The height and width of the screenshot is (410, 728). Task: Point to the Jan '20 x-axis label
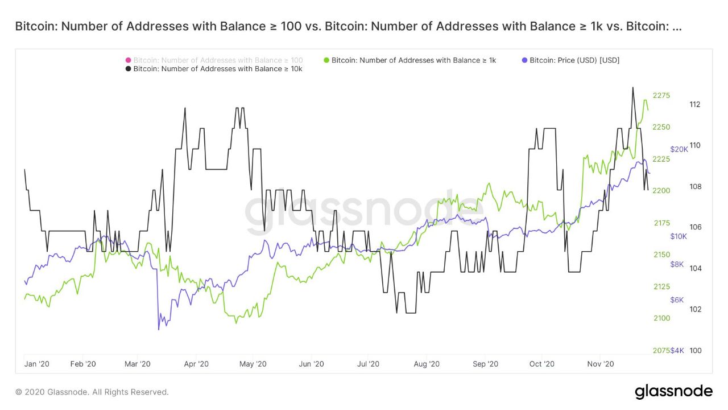coord(37,363)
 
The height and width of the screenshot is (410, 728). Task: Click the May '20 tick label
coord(253,363)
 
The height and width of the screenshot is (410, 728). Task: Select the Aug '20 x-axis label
coord(427,363)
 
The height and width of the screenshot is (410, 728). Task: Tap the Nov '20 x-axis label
coord(601,363)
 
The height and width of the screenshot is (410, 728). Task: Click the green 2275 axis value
coord(661,95)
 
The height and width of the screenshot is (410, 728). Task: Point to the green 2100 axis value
coord(661,318)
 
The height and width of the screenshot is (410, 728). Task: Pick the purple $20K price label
coord(679,149)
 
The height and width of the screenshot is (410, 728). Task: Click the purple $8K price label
coord(677,264)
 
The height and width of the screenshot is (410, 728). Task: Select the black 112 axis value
coord(695,104)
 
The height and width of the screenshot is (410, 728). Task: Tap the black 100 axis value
coord(695,350)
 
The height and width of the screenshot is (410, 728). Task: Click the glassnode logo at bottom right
coord(673,392)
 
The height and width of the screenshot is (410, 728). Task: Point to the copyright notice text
coord(92,392)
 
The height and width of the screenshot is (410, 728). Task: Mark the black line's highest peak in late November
coord(632,88)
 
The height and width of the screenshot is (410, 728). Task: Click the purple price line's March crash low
coord(158,329)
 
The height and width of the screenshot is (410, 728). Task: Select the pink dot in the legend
coord(129,60)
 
